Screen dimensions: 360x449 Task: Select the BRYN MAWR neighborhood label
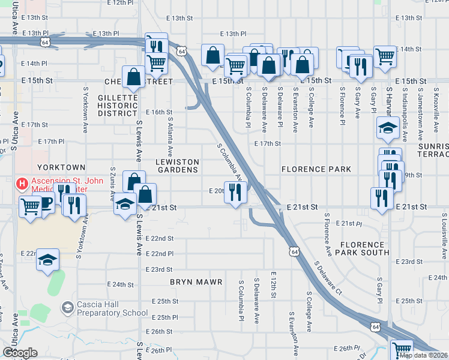196,281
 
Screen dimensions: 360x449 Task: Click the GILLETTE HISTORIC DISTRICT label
118,105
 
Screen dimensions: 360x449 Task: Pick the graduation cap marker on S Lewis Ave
125,205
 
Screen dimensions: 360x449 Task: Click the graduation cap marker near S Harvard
388,127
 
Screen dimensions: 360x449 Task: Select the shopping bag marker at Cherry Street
133,76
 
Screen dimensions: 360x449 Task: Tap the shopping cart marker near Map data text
401,349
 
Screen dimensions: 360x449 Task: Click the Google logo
20,353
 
